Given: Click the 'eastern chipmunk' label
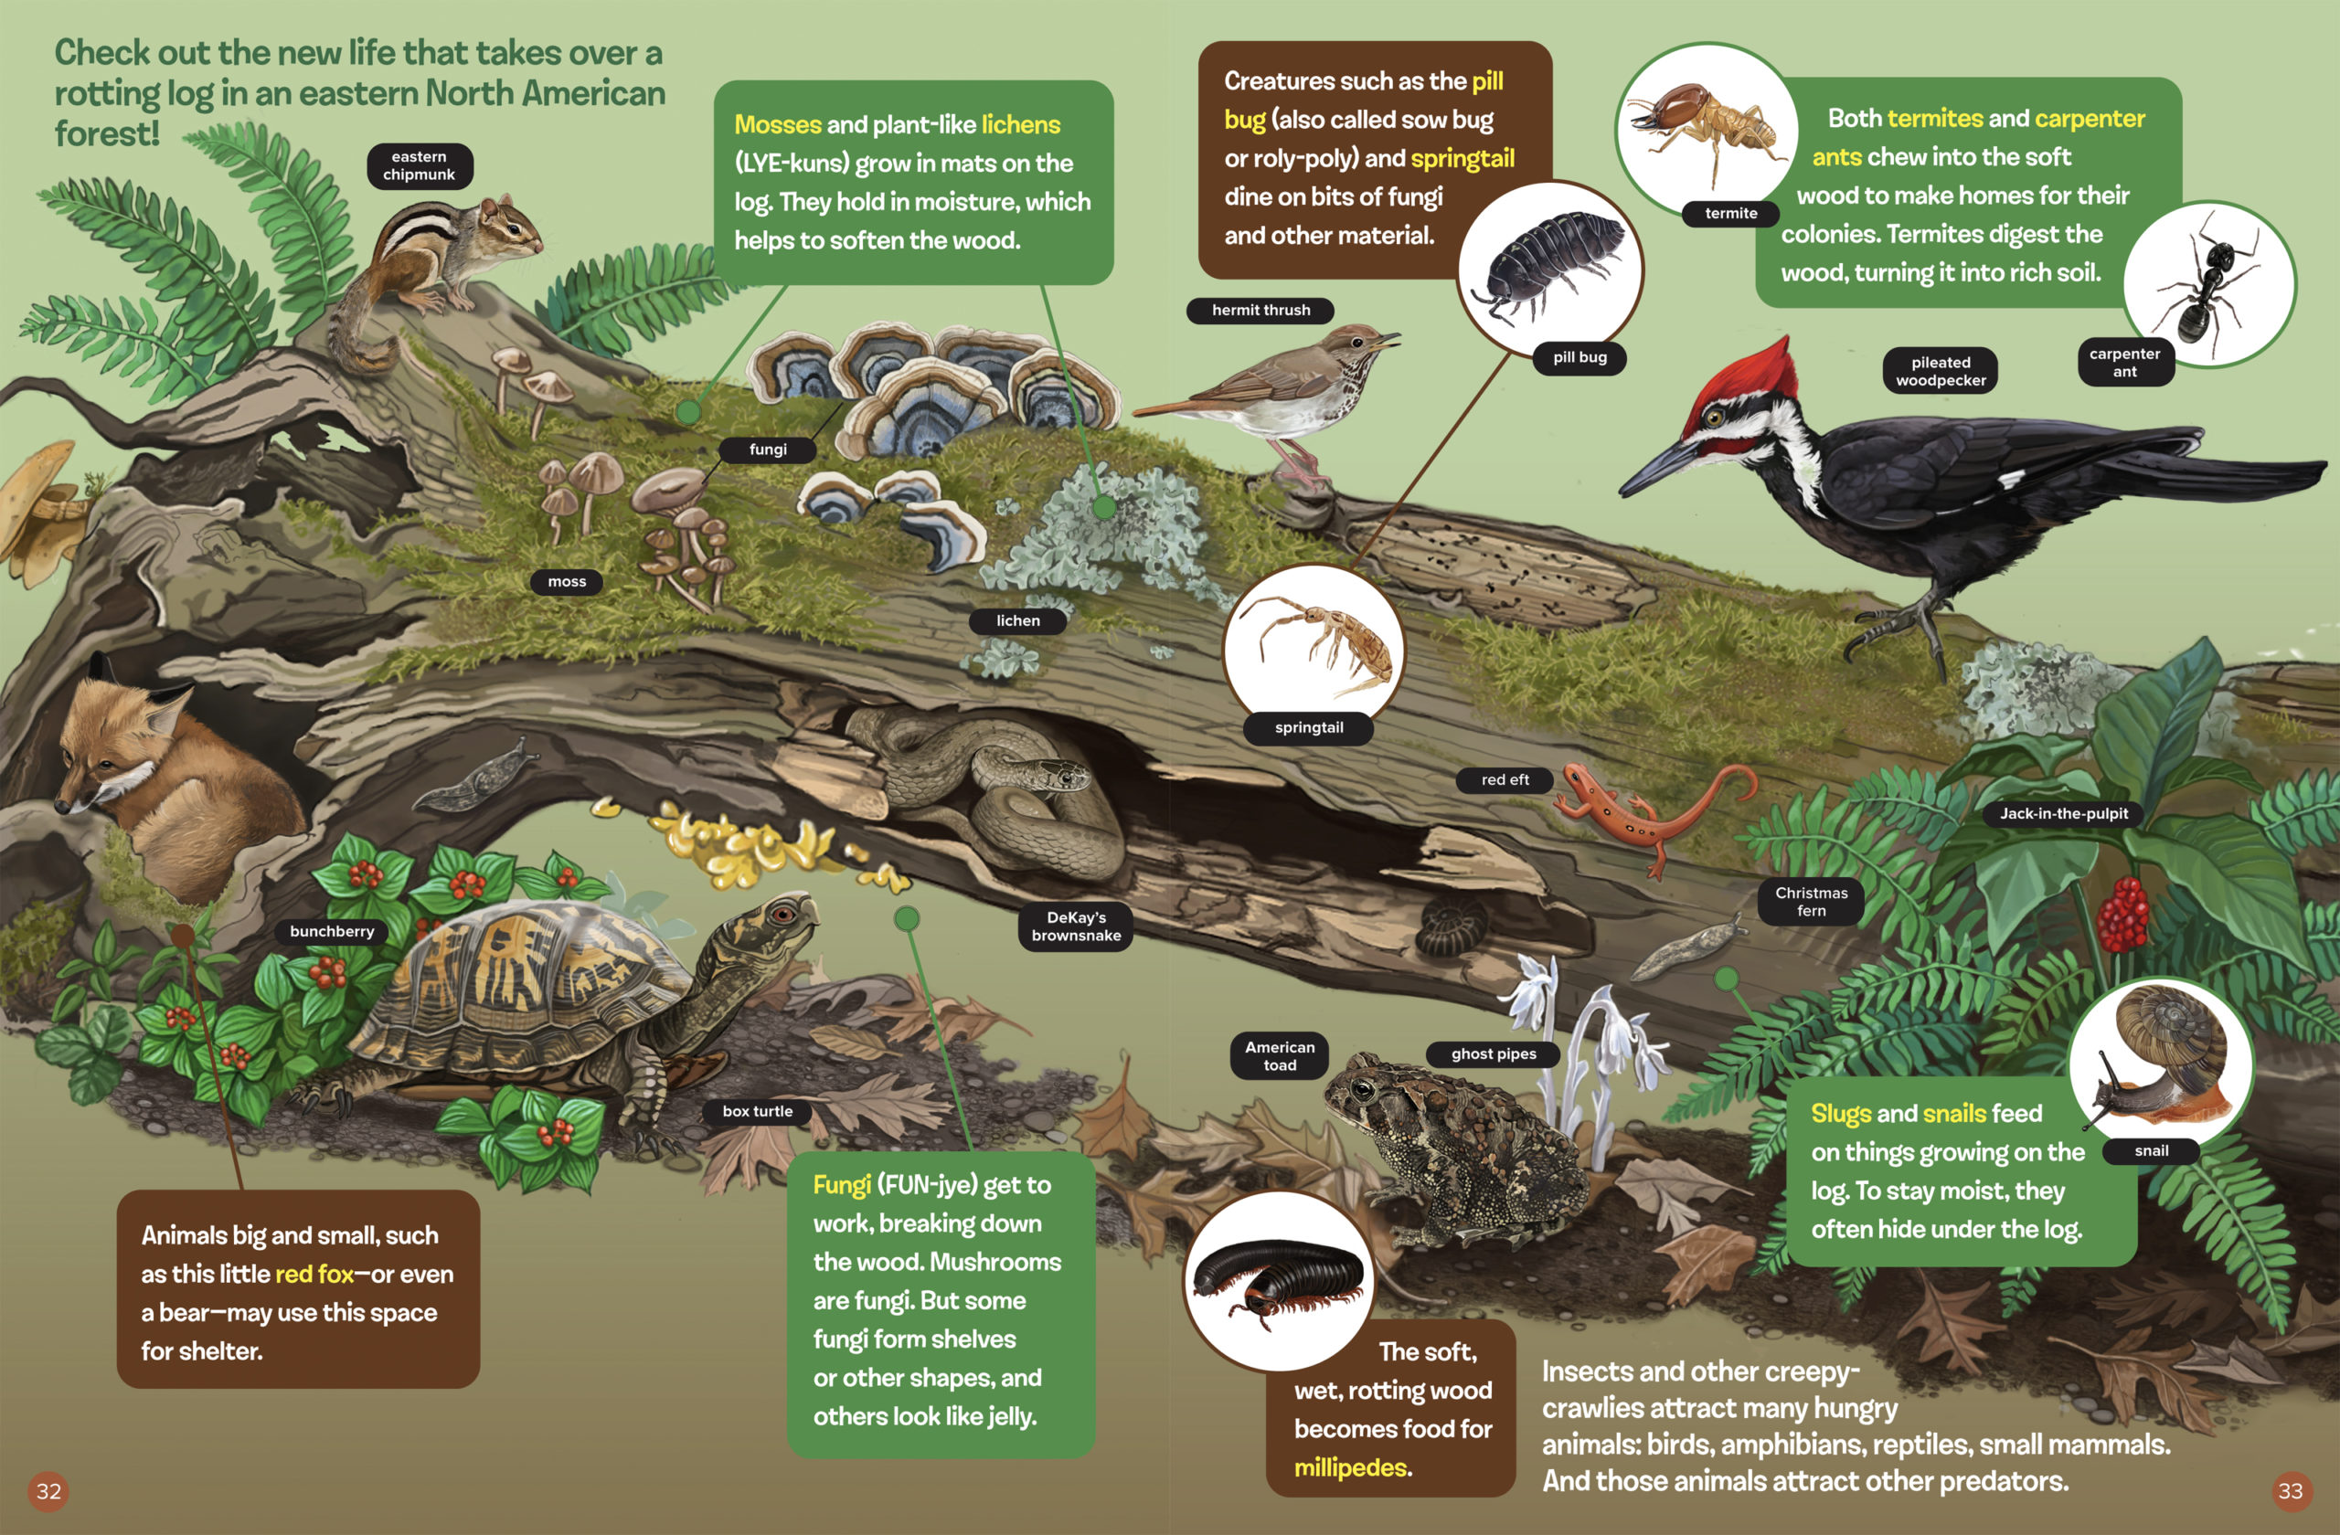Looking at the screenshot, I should (x=420, y=165).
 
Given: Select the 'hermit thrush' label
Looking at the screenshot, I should (x=1260, y=310).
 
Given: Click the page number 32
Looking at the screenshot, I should (x=48, y=1491).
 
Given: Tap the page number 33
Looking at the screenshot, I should (x=2290, y=1491).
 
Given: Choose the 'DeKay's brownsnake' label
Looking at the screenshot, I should (x=1076, y=926).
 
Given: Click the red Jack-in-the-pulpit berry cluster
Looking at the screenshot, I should (x=2123, y=914).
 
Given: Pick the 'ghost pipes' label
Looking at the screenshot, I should (x=1494, y=1053).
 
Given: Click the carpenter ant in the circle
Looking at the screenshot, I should (x=2207, y=285).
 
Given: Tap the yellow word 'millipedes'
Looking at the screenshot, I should (x=1351, y=1467).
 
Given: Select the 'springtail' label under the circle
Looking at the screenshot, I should (x=1309, y=727).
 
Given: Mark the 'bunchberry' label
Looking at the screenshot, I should (x=333, y=931).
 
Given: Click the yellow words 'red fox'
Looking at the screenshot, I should (x=314, y=1274).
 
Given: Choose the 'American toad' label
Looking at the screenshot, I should (x=1279, y=1055).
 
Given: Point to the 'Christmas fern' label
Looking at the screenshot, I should (x=1811, y=901).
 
